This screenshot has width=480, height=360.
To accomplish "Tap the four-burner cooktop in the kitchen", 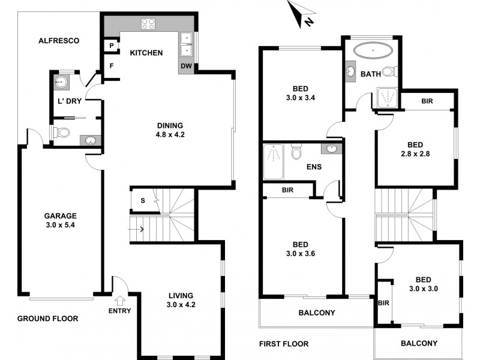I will (148, 25).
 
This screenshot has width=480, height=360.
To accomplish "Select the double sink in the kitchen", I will (187, 40).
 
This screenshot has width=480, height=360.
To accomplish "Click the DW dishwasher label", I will (185, 66).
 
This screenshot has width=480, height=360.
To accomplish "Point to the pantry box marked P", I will (112, 46).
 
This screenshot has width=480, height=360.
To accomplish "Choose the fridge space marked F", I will (112, 66).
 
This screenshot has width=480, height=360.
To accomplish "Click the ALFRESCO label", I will (59, 41).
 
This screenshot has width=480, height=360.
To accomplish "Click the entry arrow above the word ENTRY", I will (119, 299).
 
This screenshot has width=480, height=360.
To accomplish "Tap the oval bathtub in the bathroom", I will (373, 50).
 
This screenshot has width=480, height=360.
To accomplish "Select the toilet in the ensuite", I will (295, 153).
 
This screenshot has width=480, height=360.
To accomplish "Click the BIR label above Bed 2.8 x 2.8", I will (427, 102).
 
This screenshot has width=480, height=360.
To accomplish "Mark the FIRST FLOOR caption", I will (283, 344).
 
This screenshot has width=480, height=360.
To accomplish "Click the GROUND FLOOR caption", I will (47, 319).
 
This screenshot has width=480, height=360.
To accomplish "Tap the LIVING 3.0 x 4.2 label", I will (180, 300).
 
